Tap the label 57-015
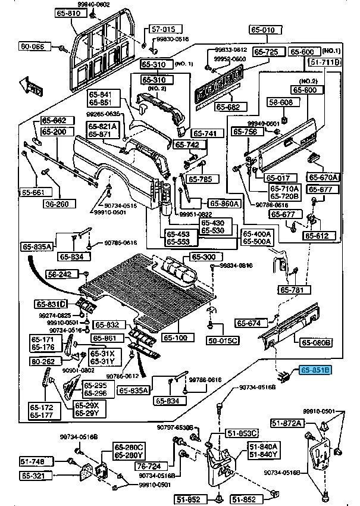click(x=162, y=29)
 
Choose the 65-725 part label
click(x=266, y=52)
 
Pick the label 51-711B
click(x=325, y=62)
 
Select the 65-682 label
click(x=227, y=107)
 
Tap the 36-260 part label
click(x=58, y=204)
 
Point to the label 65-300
click(x=204, y=257)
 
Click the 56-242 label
click(x=60, y=274)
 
